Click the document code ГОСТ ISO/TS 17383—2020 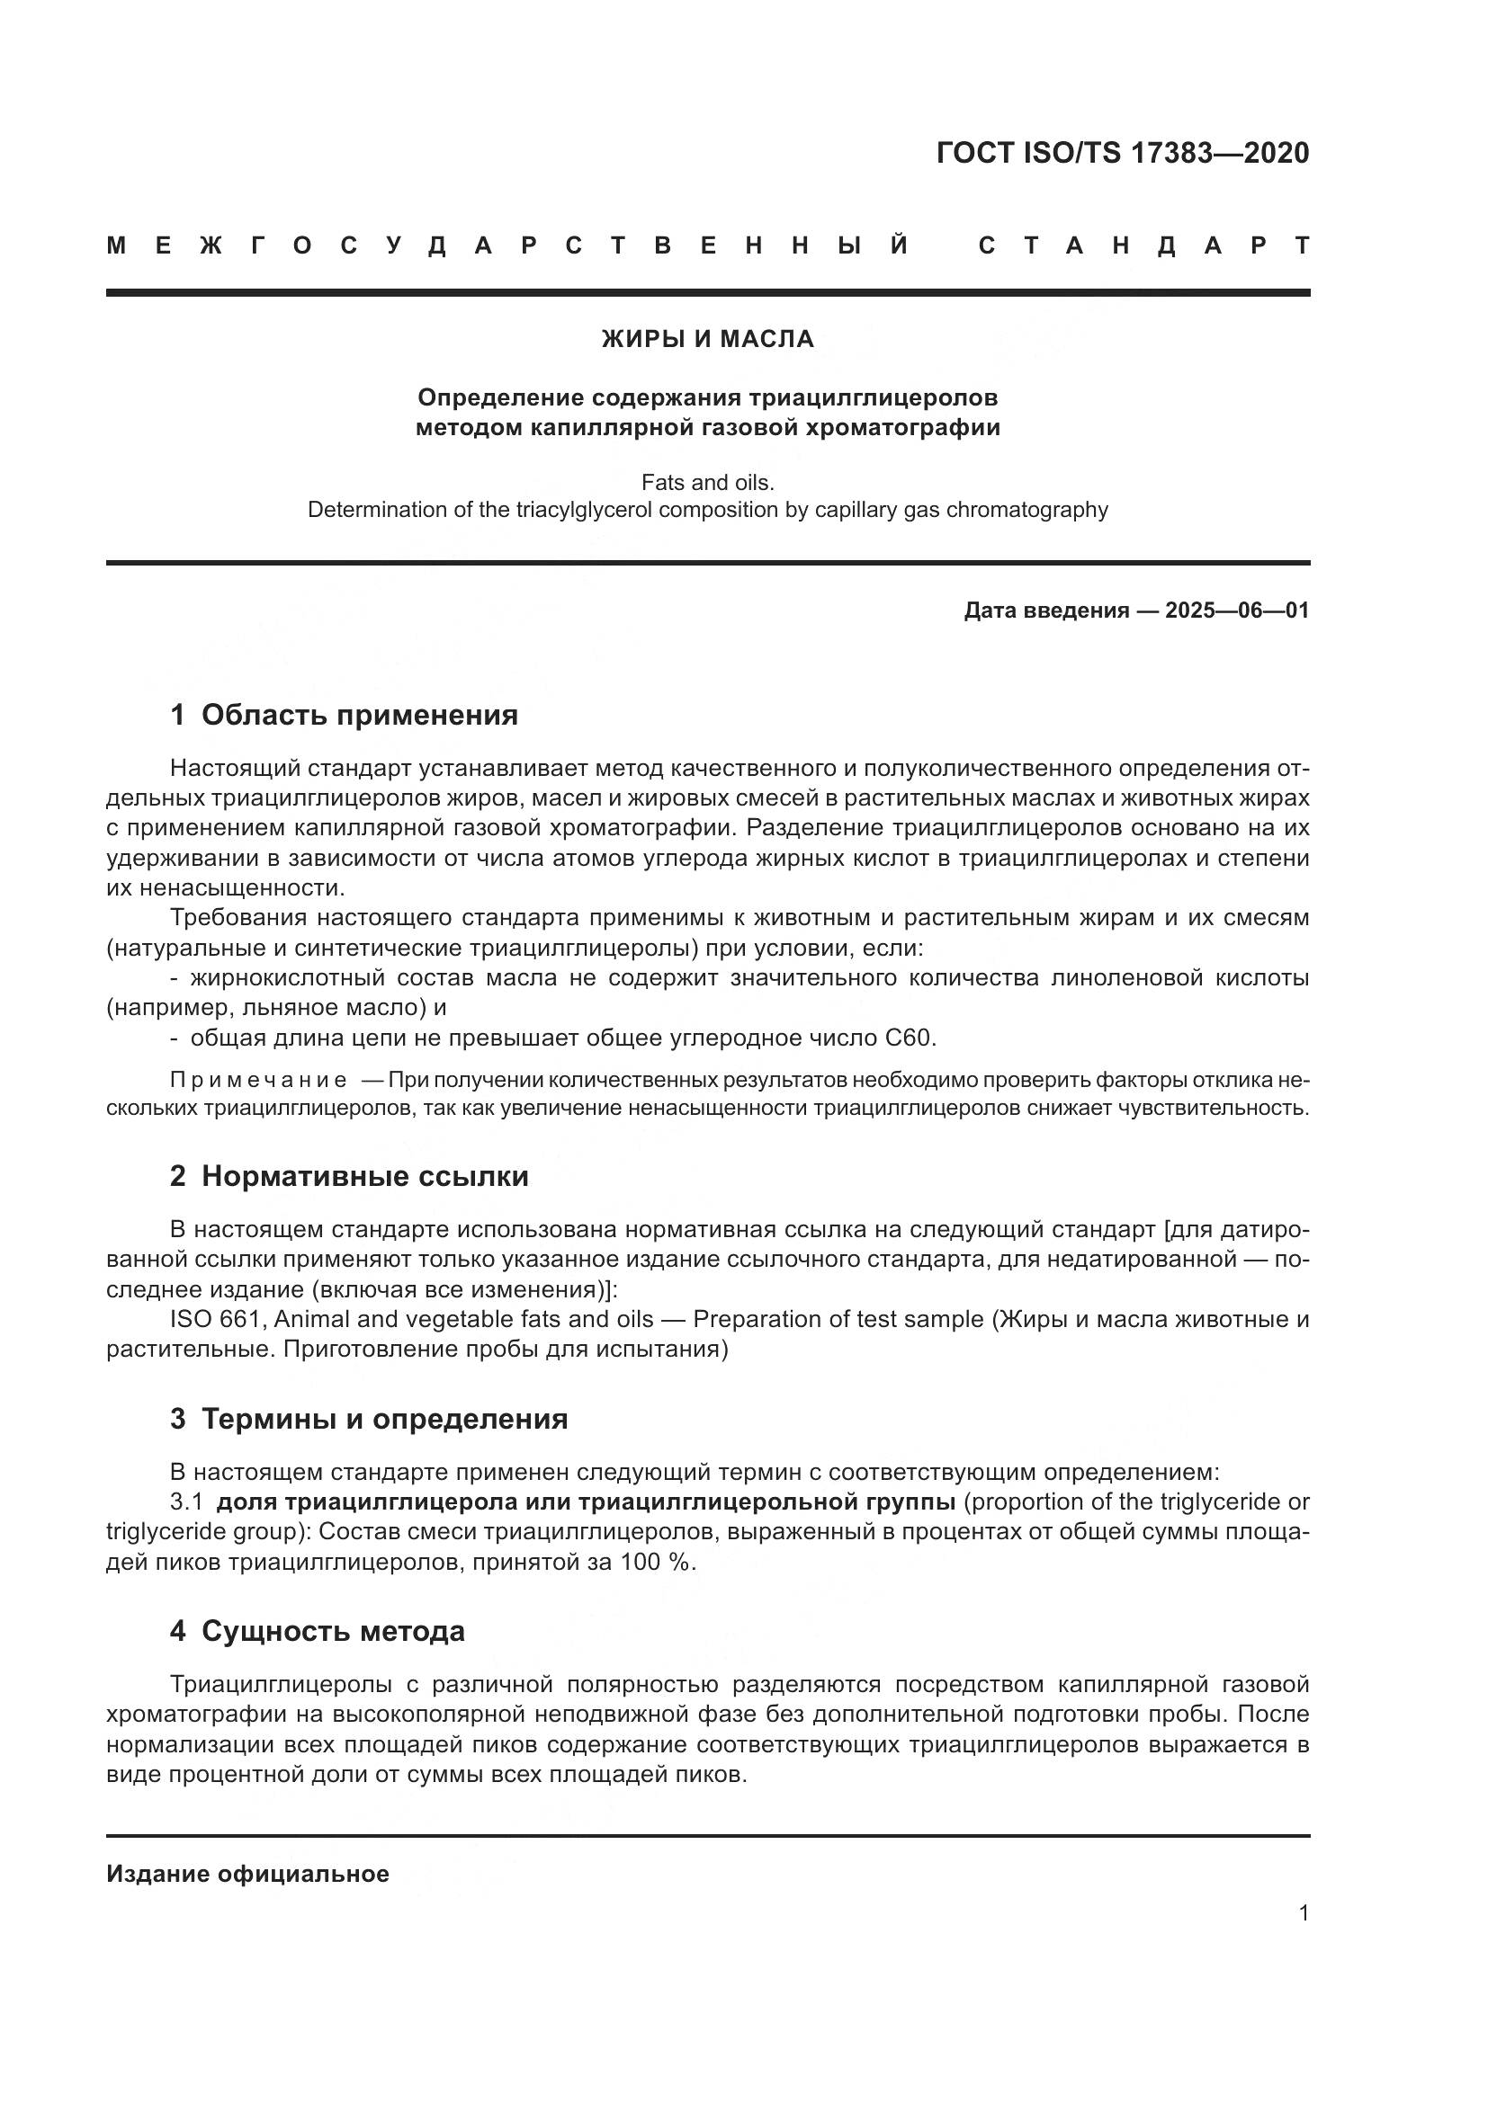tap(1123, 153)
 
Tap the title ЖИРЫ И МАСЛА tap(707, 339)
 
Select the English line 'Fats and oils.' tap(707, 482)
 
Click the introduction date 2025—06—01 tap(1237, 610)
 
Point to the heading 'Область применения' tap(359, 715)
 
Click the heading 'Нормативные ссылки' tap(364, 1176)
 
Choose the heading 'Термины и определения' tap(385, 1419)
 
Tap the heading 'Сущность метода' tap(333, 1630)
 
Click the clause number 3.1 tap(186, 1502)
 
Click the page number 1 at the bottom tap(1303, 1913)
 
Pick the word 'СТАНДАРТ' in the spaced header tap(1144, 245)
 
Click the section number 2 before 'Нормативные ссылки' tap(178, 1176)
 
